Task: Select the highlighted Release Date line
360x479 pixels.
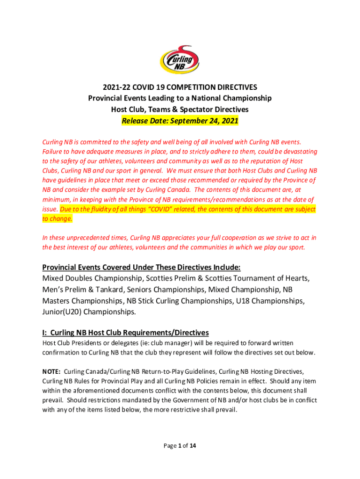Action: tap(180, 121)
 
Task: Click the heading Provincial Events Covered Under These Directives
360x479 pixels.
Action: tap(141, 268)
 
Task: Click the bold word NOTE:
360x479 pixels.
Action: tap(51, 371)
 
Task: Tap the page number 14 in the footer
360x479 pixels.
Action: tap(192, 445)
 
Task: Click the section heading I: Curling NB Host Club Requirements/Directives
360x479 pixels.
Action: tap(125, 333)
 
